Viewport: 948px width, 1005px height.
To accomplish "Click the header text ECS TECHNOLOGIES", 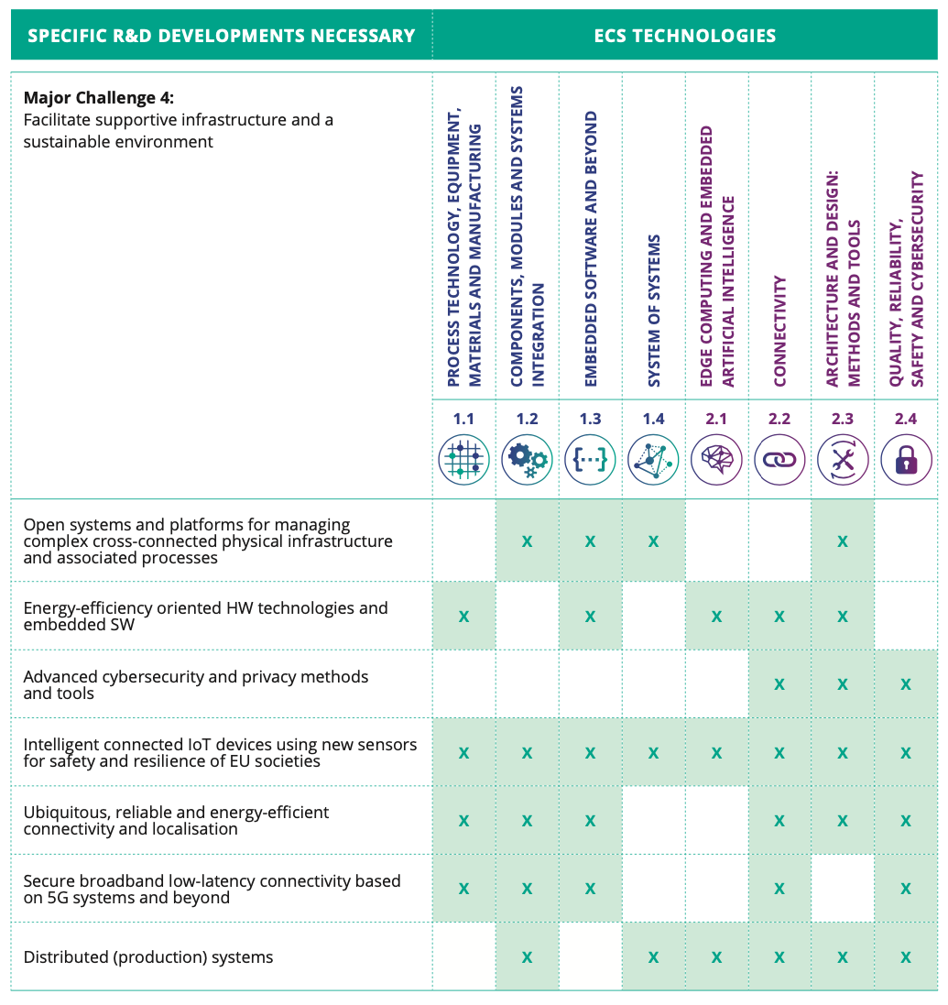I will pyautogui.click(x=684, y=37).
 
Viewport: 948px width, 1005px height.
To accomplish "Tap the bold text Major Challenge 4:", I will pyautogui.click(x=98, y=98).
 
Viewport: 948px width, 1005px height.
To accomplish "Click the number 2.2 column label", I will pyautogui.click(x=779, y=419).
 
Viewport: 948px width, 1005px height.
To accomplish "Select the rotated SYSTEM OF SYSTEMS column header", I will pyautogui.click(x=654, y=311).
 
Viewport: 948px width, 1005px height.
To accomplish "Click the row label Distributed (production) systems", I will pyautogui.click(x=148, y=957).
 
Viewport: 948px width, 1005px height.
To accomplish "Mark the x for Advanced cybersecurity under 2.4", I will pyautogui.click(x=906, y=684).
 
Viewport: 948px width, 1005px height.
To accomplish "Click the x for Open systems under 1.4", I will pyautogui.click(x=653, y=541).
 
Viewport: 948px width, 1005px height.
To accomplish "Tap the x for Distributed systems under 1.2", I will pyautogui.click(x=527, y=957).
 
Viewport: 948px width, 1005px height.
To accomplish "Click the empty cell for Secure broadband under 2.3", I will pyautogui.click(x=843, y=889).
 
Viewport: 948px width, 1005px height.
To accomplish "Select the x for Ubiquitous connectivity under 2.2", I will pyautogui.click(x=779, y=821).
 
